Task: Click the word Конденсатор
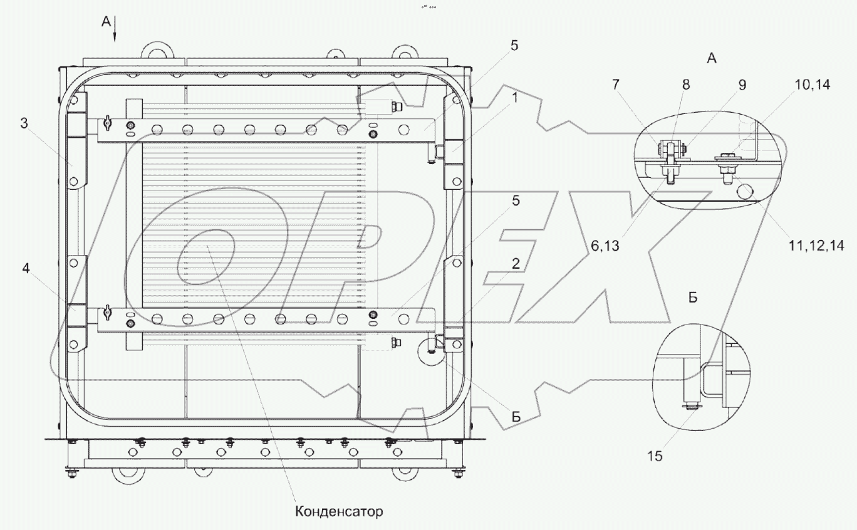338,512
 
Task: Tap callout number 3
23,123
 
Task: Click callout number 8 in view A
686,85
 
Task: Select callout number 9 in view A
742,85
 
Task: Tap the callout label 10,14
813,85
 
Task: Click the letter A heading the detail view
711,58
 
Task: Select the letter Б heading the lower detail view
693,298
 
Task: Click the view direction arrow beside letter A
115,33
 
